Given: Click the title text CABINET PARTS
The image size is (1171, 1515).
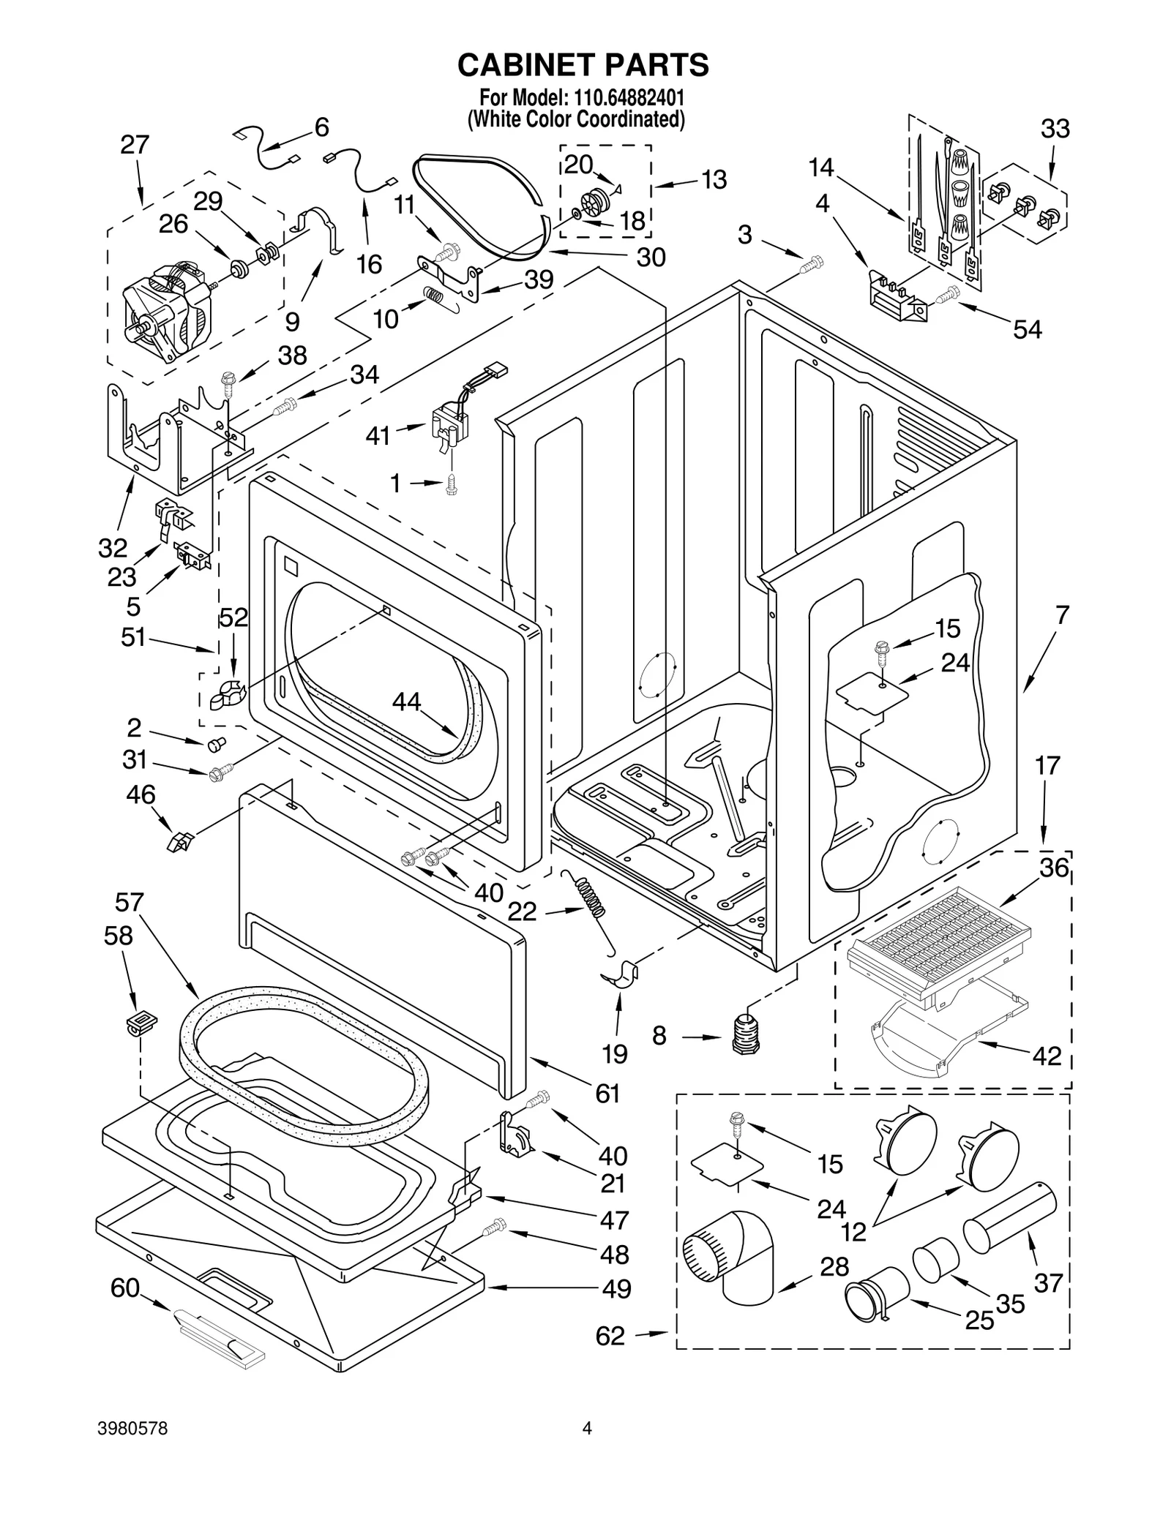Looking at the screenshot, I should [583, 65].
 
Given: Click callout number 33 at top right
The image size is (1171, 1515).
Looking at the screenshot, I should [1055, 129].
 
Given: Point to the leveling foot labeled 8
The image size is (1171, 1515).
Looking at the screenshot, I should [744, 1034].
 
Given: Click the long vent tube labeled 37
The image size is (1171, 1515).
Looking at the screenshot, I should [1009, 1217].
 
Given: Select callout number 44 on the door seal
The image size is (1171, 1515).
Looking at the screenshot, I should [406, 702].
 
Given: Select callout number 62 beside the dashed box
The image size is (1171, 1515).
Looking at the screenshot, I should [610, 1336].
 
